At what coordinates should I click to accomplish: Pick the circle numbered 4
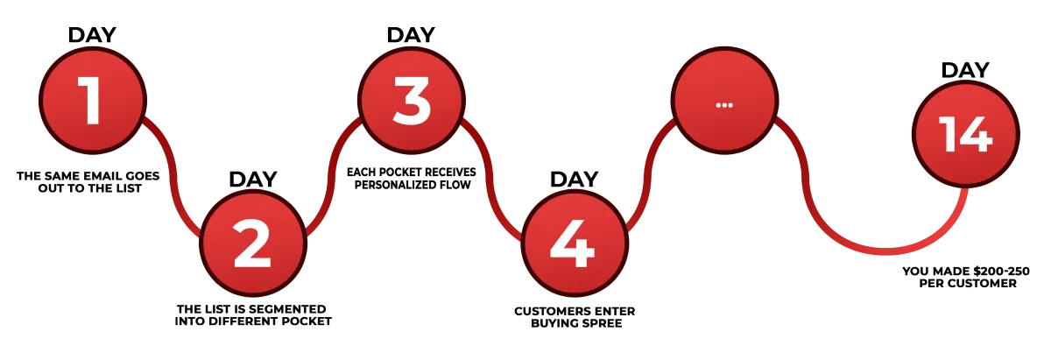click(x=573, y=242)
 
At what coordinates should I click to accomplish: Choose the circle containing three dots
click(x=723, y=103)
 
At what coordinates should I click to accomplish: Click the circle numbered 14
click(x=965, y=137)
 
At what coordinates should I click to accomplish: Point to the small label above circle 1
click(x=91, y=33)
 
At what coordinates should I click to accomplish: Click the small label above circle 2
click(x=253, y=178)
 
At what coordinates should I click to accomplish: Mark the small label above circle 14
click(x=966, y=67)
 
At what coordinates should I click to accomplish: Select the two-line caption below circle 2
click(x=254, y=315)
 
